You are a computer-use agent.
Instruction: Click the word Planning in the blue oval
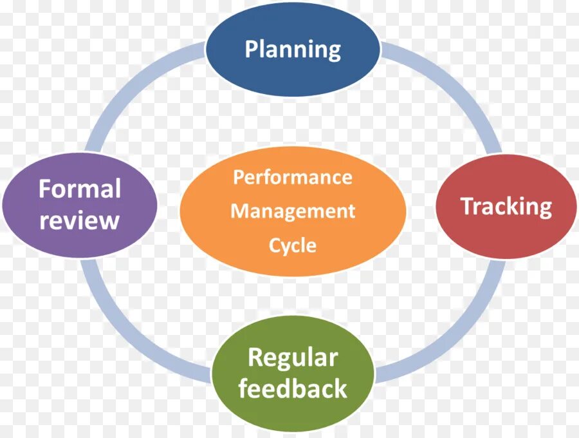click(x=293, y=49)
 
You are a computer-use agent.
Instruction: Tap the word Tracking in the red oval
click(x=506, y=206)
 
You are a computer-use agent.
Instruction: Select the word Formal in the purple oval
click(x=80, y=189)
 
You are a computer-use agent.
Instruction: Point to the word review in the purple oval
click(x=80, y=220)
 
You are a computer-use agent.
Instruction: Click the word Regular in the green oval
click(x=293, y=357)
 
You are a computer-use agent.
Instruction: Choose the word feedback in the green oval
click(x=293, y=388)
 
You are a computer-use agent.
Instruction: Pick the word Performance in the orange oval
click(x=293, y=177)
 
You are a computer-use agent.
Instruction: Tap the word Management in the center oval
click(x=293, y=211)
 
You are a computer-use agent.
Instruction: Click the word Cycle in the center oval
click(x=293, y=245)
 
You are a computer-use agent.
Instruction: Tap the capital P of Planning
click(x=252, y=49)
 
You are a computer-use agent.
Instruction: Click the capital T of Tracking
click(x=466, y=206)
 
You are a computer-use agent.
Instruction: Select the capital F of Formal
click(x=44, y=189)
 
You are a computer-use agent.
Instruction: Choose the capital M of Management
click(x=239, y=211)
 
